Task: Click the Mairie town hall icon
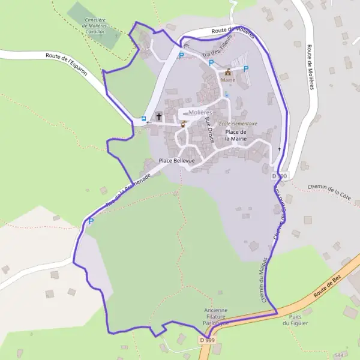(x=228, y=72)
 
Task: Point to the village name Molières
(x=200, y=112)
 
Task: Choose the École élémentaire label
(x=238, y=124)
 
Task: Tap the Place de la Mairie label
(x=236, y=135)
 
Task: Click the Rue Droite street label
(x=209, y=130)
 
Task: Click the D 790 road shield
(x=280, y=176)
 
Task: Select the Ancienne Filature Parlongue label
(x=215, y=316)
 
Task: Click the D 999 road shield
(x=206, y=340)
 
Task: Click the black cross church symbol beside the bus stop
(x=159, y=117)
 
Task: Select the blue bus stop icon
(x=143, y=119)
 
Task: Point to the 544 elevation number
(x=340, y=338)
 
